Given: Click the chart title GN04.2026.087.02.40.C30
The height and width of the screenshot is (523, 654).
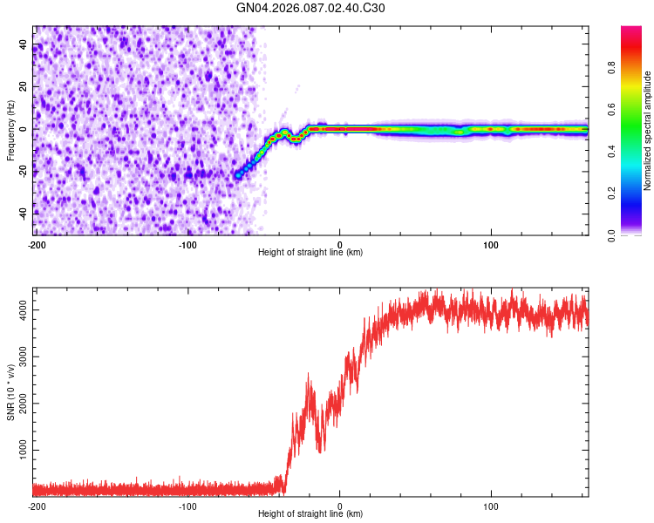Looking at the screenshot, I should (310, 8).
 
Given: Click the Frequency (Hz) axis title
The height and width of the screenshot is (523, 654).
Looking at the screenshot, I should (10, 130).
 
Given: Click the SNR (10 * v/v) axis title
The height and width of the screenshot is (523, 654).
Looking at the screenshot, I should (10, 391).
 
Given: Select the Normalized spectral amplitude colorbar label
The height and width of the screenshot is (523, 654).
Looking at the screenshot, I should (648, 130).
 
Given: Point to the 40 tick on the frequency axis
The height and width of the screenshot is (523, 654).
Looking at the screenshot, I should (24, 44).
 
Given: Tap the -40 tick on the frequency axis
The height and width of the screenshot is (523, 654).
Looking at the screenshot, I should (24, 213).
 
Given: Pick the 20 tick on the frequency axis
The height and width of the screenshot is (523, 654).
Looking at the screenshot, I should (24, 87).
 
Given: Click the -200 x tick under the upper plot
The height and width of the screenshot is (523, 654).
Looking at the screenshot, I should (36, 243).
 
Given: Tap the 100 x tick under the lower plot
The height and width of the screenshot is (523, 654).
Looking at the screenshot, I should (491, 506).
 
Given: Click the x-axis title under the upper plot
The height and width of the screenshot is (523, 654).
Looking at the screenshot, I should (310, 253).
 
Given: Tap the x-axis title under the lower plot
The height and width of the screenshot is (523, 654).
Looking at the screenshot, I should (310, 515).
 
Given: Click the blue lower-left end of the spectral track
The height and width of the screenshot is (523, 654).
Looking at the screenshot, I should (238, 175).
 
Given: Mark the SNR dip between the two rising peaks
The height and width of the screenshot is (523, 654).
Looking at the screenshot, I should (320, 450).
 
